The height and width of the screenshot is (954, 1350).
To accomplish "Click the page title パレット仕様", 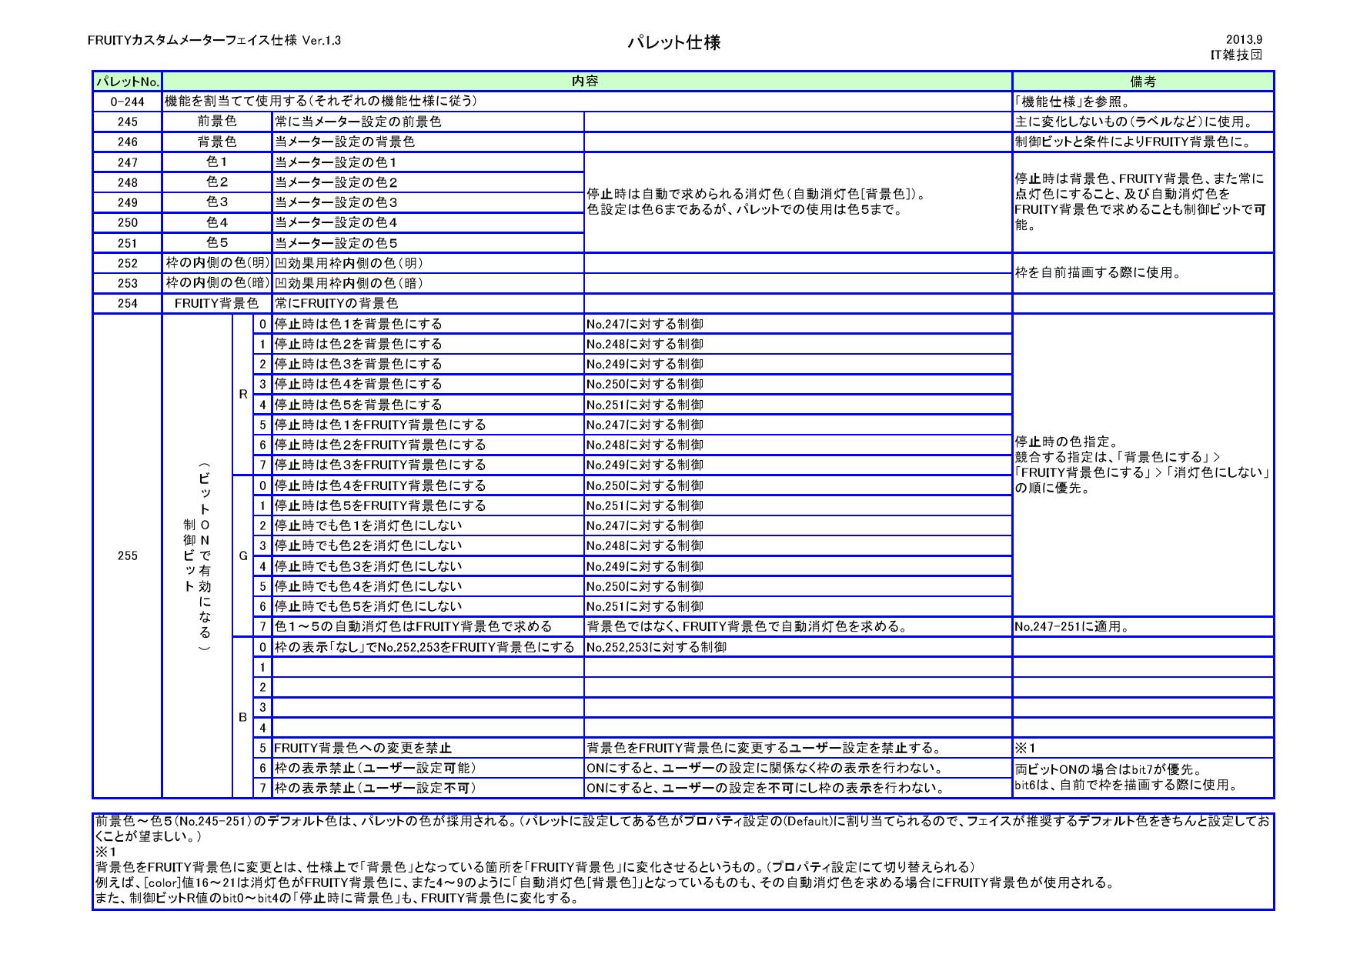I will pyautogui.click(x=674, y=42).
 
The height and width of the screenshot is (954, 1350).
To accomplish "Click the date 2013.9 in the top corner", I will pyautogui.click(x=1244, y=39).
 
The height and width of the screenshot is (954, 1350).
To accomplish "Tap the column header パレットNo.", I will pyautogui.click(x=127, y=81).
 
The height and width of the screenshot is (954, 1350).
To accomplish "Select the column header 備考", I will pyautogui.click(x=1142, y=81).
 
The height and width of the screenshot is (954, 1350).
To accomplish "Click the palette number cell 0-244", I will pyautogui.click(x=127, y=102).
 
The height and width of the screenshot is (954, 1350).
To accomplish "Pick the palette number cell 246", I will pyautogui.click(x=127, y=142).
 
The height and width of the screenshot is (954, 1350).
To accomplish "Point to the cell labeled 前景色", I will pyautogui.click(x=217, y=122).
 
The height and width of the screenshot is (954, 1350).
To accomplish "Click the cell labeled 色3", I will pyautogui.click(x=217, y=202).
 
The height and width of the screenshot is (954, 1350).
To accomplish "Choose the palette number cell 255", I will pyautogui.click(x=127, y=555).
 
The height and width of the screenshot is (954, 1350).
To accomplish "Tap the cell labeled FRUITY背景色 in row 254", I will pyautogui.click(x=217, y=303).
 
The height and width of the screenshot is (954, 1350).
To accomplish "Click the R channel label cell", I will pyautogui.click(x=243, y=394).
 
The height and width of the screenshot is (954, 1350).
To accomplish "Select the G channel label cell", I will pyautogui.click(x=243, y=555).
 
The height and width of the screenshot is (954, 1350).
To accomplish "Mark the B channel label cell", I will pyautogui.click(x=243, y=717).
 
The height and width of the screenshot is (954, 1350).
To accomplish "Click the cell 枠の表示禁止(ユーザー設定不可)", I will pyautogui.click(x=376, y=788).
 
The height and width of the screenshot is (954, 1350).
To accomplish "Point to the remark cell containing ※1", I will pyautogui.click(x=1026, y=748).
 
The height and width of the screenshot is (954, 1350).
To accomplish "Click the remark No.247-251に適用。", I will pyautogui.click(x=1071, y=626).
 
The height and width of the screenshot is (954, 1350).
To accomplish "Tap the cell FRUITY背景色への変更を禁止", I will pyautogui.click(x=363, y=748).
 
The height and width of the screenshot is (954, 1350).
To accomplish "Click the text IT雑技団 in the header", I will pyautogui.click(x=1237, y=55).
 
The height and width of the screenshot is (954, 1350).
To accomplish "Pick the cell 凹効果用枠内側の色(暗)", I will pyautogui.click(x=349, y=283).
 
